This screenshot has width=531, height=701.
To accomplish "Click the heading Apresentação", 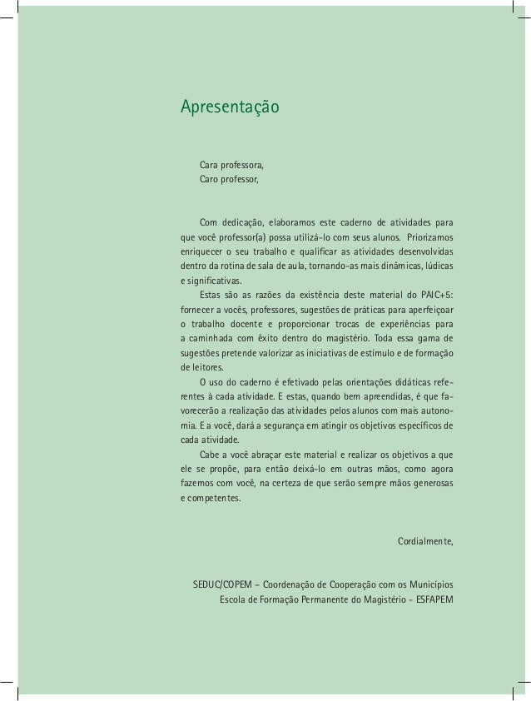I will (x=231, y=108).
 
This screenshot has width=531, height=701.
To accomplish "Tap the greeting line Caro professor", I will (x=229, y=179).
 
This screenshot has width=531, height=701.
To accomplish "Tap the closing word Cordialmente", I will (x=425, y=542).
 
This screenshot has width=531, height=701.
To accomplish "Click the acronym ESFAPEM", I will (x=433, y=599).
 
